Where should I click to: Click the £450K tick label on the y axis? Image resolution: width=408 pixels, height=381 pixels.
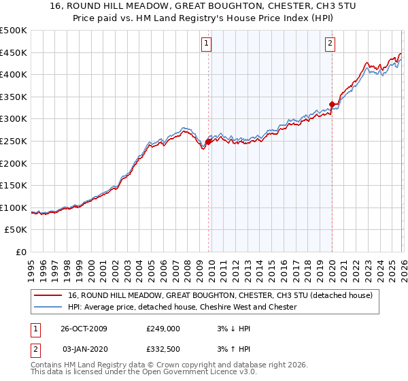point(14,53)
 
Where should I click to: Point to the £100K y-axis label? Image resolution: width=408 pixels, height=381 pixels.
point(14,208)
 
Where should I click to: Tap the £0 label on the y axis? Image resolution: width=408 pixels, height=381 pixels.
point(20,252)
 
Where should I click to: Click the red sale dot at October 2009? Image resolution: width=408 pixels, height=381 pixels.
point(209,142)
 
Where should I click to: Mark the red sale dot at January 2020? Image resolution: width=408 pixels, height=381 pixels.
point(332,104)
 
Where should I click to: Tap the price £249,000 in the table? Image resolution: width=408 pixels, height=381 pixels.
point(163,329)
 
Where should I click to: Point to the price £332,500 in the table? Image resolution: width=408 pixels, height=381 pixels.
point(163,349)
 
